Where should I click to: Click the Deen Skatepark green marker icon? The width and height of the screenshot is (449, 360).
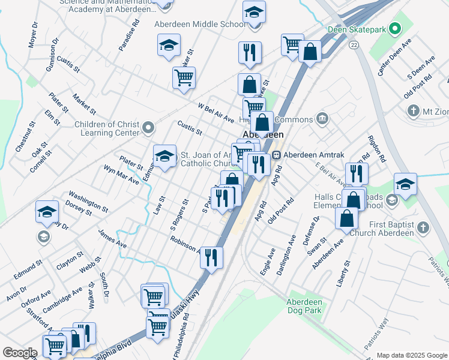[394, 28]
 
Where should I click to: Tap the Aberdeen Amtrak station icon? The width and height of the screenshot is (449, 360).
[277, 154]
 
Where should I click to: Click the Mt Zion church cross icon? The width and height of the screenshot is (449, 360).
[412, 110]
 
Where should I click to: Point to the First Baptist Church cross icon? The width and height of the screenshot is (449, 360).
[424, 228]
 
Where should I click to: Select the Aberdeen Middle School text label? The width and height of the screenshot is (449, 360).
[200, 25]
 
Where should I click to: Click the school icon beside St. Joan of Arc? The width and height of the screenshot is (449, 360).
[164, 156]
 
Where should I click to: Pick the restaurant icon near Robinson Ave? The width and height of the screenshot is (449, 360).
[211, 257]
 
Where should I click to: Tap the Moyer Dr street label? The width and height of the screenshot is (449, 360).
[32, 38]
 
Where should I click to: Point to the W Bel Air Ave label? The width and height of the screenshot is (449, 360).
[216, 112]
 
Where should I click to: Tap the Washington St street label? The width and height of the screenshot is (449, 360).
[88, 202]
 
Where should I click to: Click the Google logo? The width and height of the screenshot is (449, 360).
[20, 353]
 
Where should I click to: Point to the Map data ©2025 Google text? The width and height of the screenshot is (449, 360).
[412, 355]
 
